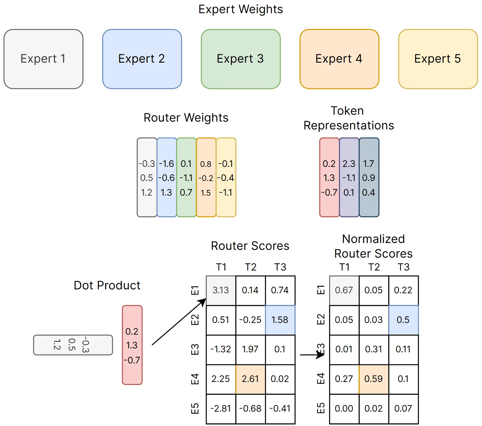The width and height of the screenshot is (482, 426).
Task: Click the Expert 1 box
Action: (x=43, y=59)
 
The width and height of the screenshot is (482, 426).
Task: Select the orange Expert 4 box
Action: (x=339, y=59)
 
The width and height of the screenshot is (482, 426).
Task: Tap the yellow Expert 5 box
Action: (x=438, y=59)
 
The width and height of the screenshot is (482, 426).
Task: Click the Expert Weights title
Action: (x=241, y=9)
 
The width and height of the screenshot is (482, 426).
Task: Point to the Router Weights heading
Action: (x=186, y=117)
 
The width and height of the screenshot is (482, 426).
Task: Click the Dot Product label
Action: (x=107, y=285)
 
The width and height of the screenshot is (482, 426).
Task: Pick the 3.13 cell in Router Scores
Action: (x=221, y=290)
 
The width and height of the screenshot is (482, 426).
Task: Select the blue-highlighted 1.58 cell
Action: (x=280, y=320)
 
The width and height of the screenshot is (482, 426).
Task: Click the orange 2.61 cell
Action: (x=251, y=379)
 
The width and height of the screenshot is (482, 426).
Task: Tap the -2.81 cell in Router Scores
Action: (x=221, y=409)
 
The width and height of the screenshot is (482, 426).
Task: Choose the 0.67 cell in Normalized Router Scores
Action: (x=344, y=290)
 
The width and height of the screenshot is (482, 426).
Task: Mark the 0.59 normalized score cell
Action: (x=374, y=379)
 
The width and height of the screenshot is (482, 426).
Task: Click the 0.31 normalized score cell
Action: (x=374, y=349)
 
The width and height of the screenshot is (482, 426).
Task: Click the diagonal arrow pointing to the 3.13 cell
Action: (x=179, y=322)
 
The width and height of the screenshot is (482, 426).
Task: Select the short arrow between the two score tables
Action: (x=312, y=355)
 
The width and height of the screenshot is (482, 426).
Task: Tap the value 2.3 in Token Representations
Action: (x=349, y=164)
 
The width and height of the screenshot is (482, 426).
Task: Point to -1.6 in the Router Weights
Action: (x=166, y=164)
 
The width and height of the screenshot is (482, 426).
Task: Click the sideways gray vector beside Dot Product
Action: (x=73, y=345)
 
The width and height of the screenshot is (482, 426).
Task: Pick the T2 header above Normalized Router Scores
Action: (x=374, y=267)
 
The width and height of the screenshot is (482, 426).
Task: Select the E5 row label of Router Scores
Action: (x=195, y=409)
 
